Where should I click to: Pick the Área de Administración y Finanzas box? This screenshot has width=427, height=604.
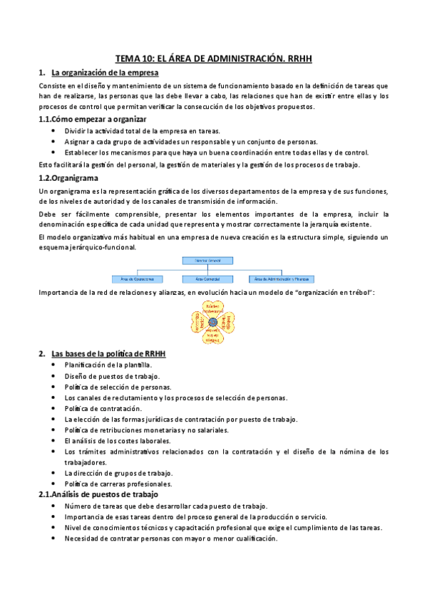(x=282, y=278)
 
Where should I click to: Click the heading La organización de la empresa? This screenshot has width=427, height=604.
(x=105, y=73)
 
